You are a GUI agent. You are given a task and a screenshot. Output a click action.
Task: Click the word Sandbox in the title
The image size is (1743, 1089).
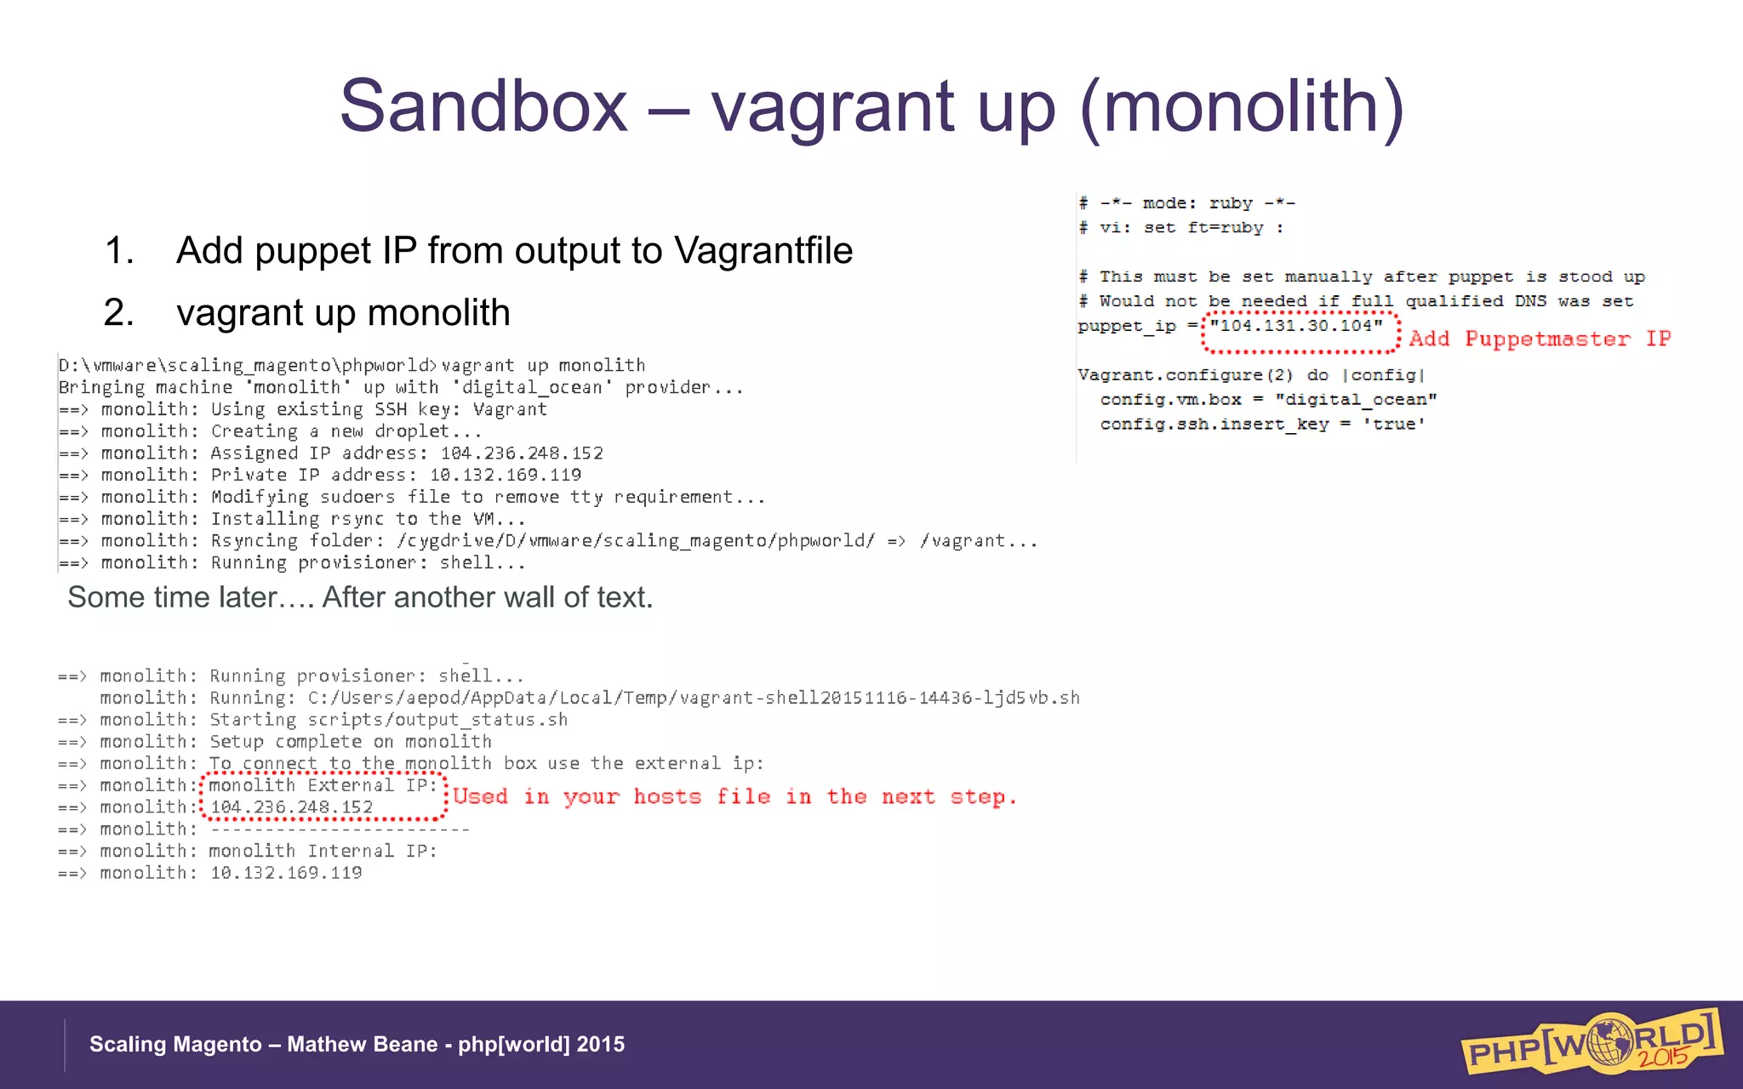[x=483, y=106]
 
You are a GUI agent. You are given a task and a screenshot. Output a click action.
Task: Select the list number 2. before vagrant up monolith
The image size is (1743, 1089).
[x=118, y=313]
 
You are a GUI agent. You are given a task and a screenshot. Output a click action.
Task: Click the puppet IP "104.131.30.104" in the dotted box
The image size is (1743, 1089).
[x=1297, y=326]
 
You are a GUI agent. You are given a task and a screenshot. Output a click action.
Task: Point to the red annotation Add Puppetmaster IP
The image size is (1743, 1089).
[x=1539, y=339]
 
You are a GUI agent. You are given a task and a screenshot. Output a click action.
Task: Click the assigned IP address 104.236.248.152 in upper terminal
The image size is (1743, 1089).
[x=522, y=453]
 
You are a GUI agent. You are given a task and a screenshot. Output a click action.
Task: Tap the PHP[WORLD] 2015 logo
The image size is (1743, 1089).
[x=1590, y=1041]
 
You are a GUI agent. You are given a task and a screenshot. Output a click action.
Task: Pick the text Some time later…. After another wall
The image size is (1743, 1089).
[x=360, y=597]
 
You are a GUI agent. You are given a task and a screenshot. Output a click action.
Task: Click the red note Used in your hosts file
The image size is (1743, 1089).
[x=734, y=796]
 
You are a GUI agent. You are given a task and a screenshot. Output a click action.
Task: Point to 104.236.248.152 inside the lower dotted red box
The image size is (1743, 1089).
[x=291, y=807]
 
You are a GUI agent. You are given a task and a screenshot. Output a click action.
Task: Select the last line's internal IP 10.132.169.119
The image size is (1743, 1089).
[x=286, y=873]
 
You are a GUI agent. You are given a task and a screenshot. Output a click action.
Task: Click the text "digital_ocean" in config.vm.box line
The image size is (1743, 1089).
[x=1356, y=400]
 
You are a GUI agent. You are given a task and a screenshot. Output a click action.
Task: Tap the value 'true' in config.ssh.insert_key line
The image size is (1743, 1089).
[x=1394, y=425]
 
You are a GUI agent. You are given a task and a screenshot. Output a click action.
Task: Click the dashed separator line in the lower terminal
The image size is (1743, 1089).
[x=340, y=830]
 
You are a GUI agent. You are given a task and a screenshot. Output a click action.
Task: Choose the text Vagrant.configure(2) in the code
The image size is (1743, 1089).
[x=1185, y=375]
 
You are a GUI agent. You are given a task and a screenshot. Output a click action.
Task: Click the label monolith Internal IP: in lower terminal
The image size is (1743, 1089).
[x=323, y=851]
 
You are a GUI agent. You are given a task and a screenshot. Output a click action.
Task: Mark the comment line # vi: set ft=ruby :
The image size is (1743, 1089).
[x=1180, y=228]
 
